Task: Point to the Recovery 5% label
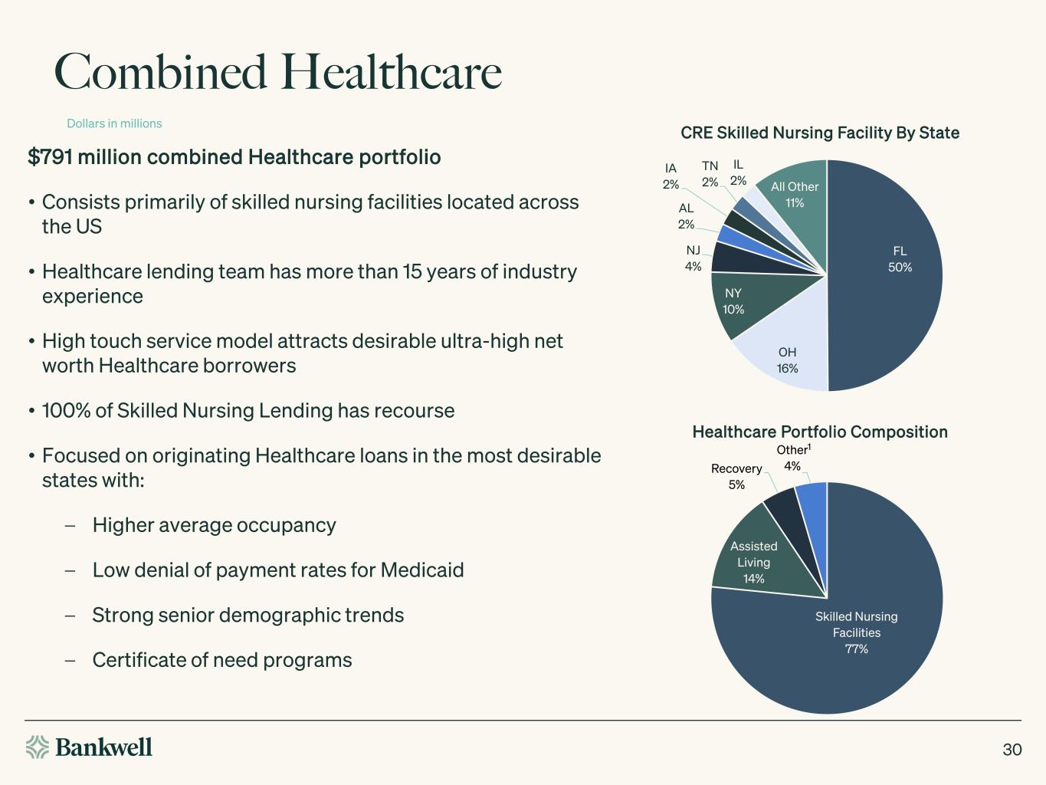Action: [736, 476]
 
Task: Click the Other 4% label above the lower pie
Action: [793, 458]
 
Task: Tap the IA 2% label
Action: [671, 176]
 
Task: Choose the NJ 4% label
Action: [693, 258]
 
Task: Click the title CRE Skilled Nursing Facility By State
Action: [820, 133]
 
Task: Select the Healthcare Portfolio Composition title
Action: [820, 432]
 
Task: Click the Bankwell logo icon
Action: [37, 747]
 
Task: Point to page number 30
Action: [1012, 749]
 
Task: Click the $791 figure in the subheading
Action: [50, 157]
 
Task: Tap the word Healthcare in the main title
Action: [391, 72]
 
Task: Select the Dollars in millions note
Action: [114, 123]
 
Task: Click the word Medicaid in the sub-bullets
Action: [421, 570]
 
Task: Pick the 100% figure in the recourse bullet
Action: [66, 411]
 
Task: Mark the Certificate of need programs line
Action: [221, 660]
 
